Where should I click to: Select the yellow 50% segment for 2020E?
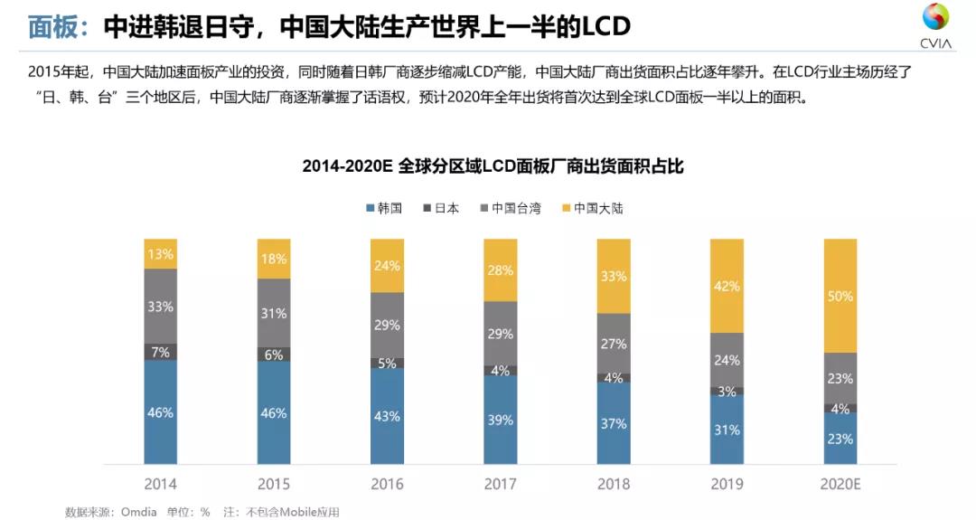coord(839,296)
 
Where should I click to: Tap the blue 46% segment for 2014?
coord(161,412)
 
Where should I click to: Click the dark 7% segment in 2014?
coord(161,352)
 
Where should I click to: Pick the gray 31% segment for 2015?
coord(274,313)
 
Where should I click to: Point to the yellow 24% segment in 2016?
coord(387,266)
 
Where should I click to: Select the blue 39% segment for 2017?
coord(500,420)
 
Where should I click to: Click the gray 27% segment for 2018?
coord(613,344)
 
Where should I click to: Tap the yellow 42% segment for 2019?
coord(726,286)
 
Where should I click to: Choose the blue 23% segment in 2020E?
coord(839,439)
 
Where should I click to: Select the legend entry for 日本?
coord(441,208)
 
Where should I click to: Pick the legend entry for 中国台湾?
coord(511,208)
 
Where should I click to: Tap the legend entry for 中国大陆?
coord(592,208)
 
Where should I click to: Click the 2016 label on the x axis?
coord(387,484)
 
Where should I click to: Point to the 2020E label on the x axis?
coord(839,484)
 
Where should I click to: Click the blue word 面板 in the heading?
coord(52,26)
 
